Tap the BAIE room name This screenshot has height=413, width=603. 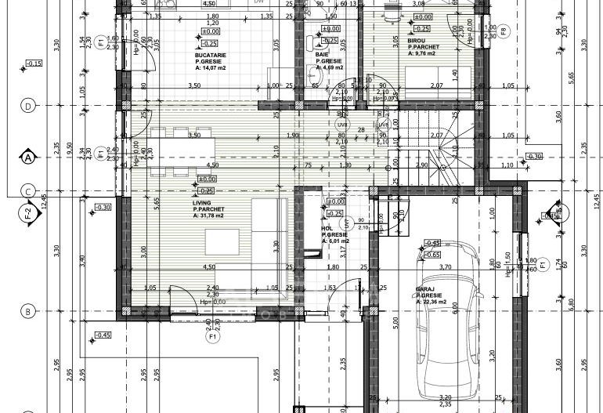pos(322,54)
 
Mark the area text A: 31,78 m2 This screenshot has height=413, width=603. pos(208,215)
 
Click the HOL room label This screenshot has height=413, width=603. pos(326,229)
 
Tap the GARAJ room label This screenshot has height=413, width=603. pos(426,288)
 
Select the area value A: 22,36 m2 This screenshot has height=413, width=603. pos(432,302)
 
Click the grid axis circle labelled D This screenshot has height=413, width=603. pos(28,105)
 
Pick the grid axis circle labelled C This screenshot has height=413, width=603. pos(28,190)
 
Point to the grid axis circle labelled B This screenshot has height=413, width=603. pos(28,311)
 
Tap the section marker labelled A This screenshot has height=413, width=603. pos(28,157)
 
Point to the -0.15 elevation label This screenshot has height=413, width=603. pos(34,63)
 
